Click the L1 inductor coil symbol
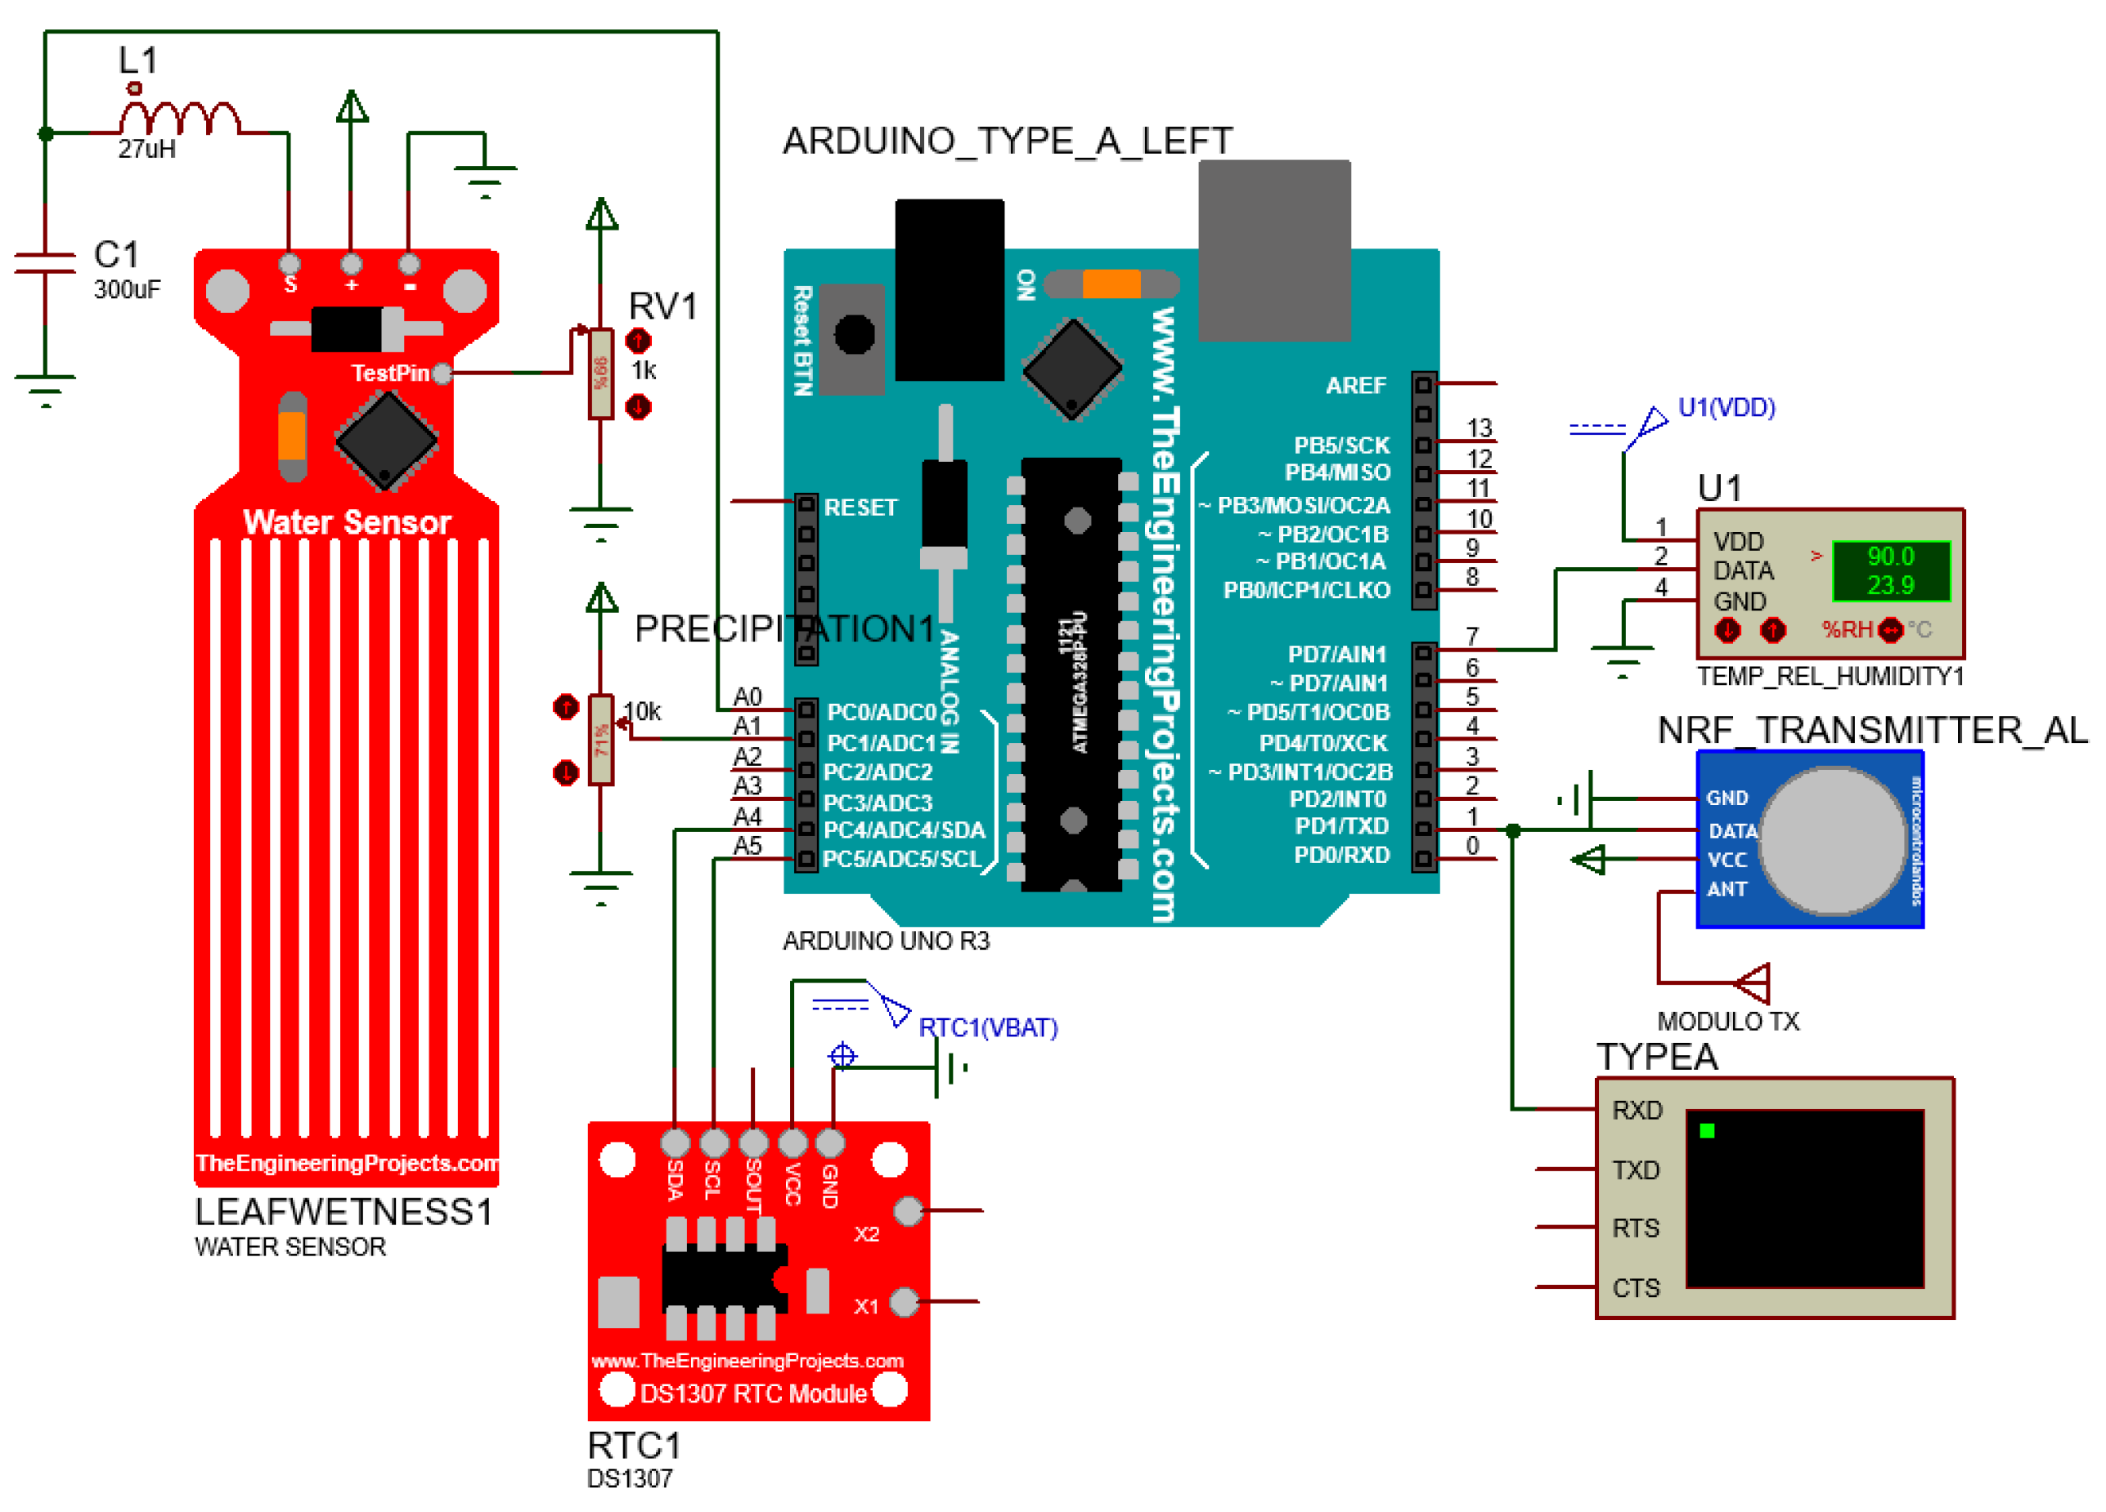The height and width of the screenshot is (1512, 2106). (x=179, y=119)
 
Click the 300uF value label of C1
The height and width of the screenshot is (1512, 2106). (x=128, y=289)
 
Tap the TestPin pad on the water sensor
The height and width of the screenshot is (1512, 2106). (x=442, y=374)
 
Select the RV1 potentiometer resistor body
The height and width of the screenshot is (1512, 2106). (x=601, y=374)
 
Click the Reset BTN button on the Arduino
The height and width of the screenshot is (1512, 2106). (x=853, y=335)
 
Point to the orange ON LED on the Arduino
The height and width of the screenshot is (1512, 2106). (x=1111, y=284)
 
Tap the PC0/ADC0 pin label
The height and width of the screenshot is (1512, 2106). (x=881, y=712)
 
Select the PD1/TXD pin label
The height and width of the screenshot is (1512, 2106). (x=1340, y=826)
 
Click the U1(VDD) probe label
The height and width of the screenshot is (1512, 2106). (x=1726, y=408)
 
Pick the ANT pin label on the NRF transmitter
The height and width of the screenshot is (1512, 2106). (x=1727, y=889)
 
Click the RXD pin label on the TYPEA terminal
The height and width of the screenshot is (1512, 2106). (x=1637, y=1110)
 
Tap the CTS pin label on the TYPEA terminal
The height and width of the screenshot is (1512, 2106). (x=1635, y=1288)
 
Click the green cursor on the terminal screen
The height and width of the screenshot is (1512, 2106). (x=1706, y=1130)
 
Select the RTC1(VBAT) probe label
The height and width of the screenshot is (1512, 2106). (x=987, y=1027)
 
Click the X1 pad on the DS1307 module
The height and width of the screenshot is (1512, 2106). (x=904, y=1302)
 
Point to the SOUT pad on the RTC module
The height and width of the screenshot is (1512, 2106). (x=753, y=1143)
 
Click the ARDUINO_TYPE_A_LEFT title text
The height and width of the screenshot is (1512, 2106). (x=1008, y=141)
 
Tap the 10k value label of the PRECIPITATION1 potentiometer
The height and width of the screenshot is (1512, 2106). (x=642, y=712)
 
